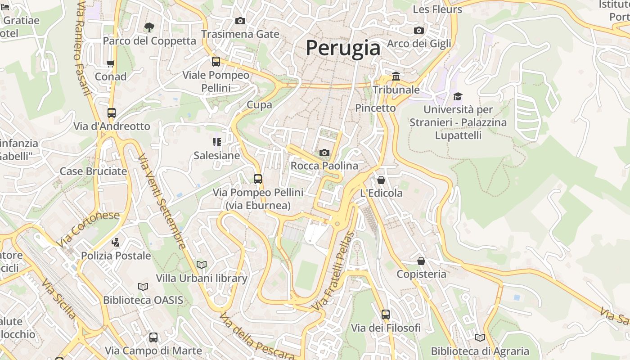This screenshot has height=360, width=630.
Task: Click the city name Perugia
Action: pos(343,48)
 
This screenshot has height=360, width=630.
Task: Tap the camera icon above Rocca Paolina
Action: pos(324,153)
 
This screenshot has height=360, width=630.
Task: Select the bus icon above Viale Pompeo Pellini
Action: pos(216,62)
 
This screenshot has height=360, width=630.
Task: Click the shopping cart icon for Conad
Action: pos(111,63)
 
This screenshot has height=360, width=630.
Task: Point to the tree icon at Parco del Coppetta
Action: pos(149,27)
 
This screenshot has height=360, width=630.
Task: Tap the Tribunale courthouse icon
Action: pos(396,76)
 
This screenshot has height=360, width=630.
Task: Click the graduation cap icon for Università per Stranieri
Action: pos(458,96)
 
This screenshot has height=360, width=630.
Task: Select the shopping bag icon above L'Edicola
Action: pos(381,180)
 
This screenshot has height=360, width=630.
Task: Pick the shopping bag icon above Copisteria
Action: pos(421,261)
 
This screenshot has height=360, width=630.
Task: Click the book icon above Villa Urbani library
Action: pos(202,265)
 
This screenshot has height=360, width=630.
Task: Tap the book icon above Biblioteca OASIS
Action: pos(143,287)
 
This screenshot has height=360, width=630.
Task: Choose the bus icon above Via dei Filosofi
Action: pos(386,315)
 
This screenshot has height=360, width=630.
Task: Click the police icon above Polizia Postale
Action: pos(116,243)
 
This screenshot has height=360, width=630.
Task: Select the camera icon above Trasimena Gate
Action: pos(240,21)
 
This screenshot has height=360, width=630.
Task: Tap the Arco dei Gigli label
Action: pos(418,44)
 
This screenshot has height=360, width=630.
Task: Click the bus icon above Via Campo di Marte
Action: pos(153,337)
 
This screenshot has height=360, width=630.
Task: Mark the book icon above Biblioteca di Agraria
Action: pos(480,337)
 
